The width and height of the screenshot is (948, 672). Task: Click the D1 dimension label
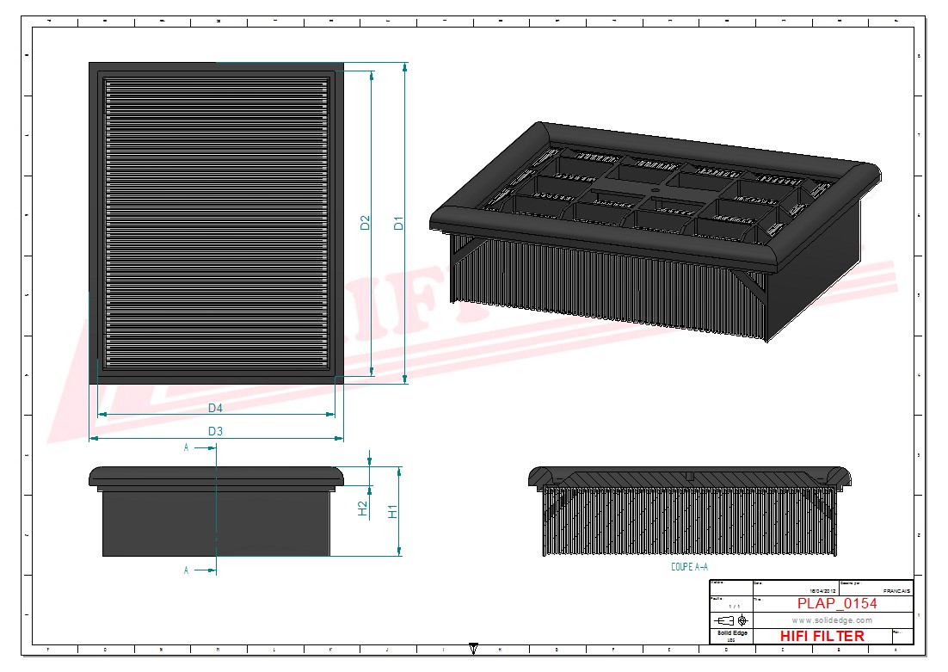(x=398, y=222)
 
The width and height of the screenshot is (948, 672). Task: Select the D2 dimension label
(x=365, y=222)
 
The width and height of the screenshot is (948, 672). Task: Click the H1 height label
(x=393, y=511)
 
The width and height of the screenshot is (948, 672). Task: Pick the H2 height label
(x=363, y=509)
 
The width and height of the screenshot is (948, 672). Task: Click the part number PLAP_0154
(x=836, y=604)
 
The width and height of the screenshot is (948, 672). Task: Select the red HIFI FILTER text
(x=822, y=636)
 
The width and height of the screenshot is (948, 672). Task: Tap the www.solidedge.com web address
(x=831, y=620)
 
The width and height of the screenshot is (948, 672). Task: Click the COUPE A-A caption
(x=689, y=567)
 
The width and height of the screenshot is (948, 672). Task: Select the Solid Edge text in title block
(x=732, y=633)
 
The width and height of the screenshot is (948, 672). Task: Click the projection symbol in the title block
(x=731, y=620)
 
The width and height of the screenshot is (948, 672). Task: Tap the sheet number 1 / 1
(x=733, y=607)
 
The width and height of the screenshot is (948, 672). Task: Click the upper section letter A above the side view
(x=186, y=447)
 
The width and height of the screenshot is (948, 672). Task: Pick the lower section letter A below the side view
(x=186, y=570)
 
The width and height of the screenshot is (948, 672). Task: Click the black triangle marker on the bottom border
(x=473, y=648)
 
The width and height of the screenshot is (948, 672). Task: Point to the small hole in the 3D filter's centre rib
(x=655, y=188)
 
